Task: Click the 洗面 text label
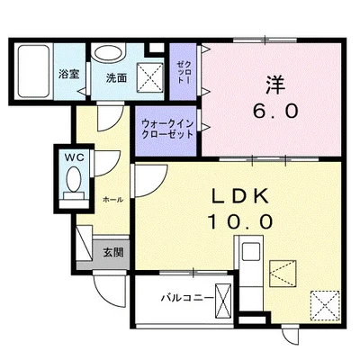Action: [x=116, y=76]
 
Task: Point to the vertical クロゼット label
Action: [x=184, y=67]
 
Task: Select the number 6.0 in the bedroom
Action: [x=274, y=112]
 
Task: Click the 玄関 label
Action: [x=112, y=251]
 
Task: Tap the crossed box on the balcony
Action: [x=224, y=297]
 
